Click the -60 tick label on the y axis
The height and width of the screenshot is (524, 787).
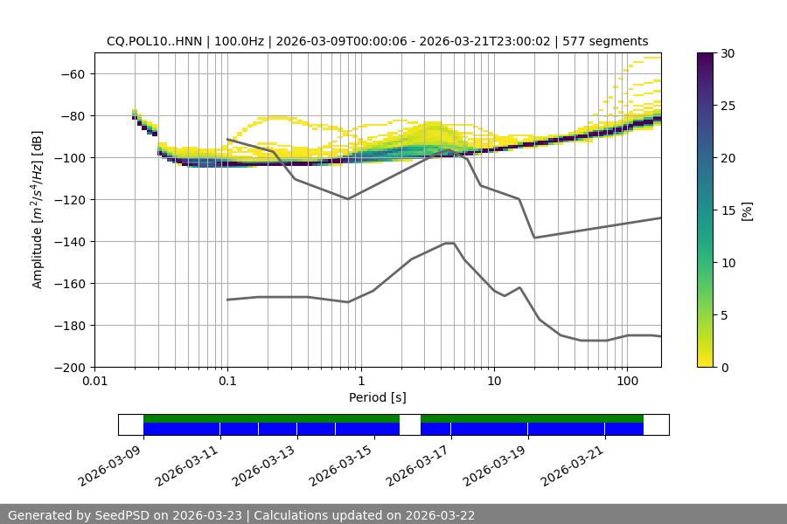coord(71,73)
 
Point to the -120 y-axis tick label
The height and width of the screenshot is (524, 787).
coord(67,199)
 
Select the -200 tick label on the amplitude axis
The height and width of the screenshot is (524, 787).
coord(67,367)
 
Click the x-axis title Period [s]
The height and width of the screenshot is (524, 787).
coord(378,397)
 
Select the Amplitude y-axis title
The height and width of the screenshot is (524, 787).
coord(38,210)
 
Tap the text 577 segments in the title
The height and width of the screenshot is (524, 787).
coord(605,41)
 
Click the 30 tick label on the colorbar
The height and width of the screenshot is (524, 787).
coord(728,53)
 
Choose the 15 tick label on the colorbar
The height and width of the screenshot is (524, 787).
coord(728,210)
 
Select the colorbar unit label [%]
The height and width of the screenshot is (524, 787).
coord(747,210)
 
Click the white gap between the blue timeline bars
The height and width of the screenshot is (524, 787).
coord(410,424)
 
